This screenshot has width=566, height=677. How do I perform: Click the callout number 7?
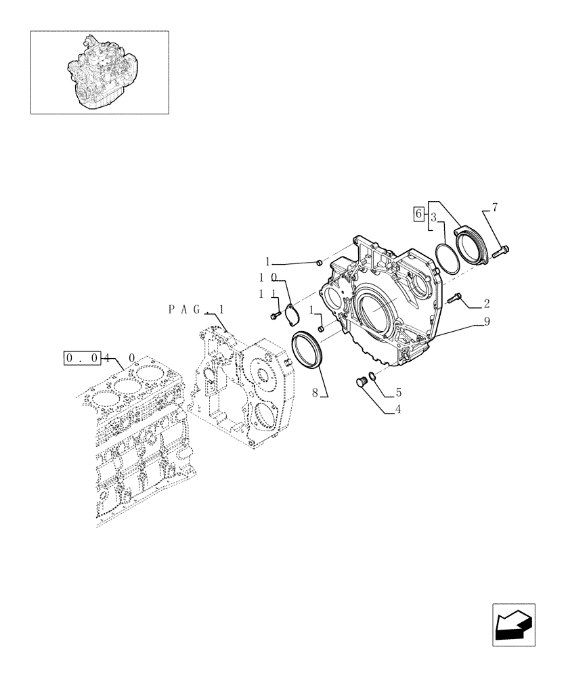[x=495, y=208]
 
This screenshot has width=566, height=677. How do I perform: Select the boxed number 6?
[x=419, y=214]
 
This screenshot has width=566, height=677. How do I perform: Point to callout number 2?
[x=486, y=303]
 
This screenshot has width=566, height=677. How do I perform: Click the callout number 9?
[x=486, y=324]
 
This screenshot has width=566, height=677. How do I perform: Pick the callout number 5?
[x=399, y=391]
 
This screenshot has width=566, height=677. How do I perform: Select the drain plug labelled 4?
[x=362, y=383]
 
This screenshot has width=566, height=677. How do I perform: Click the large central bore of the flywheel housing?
[x=375, y=313]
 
